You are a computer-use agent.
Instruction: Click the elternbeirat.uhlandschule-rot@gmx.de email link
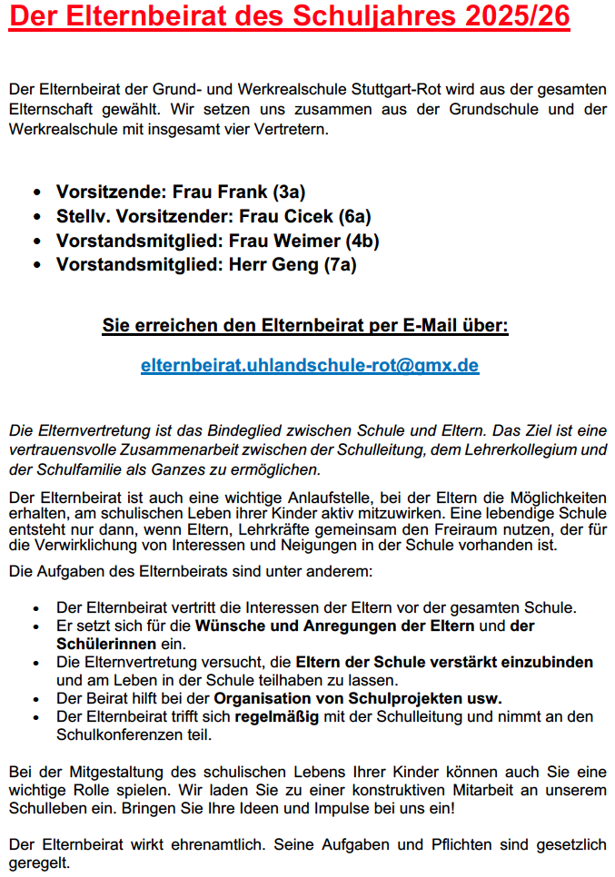click(x=310, y=366)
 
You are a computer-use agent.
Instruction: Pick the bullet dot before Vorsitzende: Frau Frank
click(x=36, y=192)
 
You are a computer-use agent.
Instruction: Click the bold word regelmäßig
click(x=275, y=717)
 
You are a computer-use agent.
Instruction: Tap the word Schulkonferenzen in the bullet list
click(x=118, y=735)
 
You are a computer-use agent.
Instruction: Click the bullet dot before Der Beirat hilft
click(x=36, y=699)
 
